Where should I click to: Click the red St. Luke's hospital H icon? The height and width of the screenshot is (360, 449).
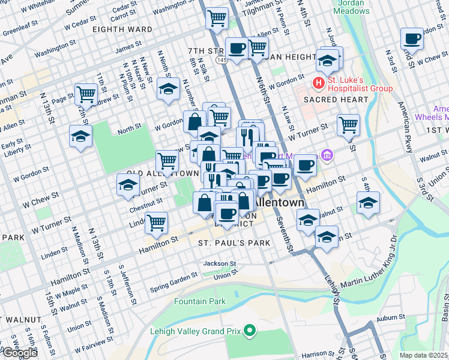pos(318,82)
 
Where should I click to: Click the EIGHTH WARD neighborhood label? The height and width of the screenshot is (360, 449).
pos(122,29)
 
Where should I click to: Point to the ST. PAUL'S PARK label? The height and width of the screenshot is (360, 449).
pos(234,242)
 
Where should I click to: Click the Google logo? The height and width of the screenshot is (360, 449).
pos(19,353)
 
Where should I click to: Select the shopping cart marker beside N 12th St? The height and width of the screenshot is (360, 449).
pos(86,94)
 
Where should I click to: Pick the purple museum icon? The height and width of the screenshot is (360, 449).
pos(326,156)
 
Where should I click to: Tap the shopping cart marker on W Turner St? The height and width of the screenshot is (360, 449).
pos(348,125)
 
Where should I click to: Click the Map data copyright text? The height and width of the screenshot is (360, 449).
pos(424,355)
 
